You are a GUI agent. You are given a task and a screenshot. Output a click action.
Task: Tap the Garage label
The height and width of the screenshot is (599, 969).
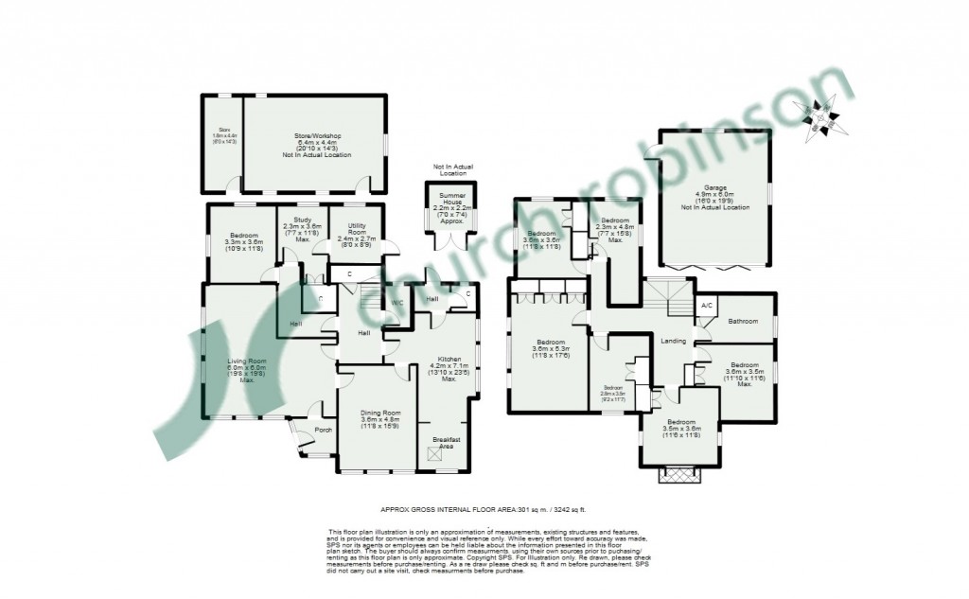714,187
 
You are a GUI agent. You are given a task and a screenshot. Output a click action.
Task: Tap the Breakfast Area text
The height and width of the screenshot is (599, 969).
447,441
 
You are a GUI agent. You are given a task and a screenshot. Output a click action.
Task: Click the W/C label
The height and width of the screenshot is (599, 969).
397,303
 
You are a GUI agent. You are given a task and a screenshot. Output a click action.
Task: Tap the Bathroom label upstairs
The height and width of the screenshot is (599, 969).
743,322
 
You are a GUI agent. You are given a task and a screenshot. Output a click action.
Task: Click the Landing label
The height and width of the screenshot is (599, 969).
673,340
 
